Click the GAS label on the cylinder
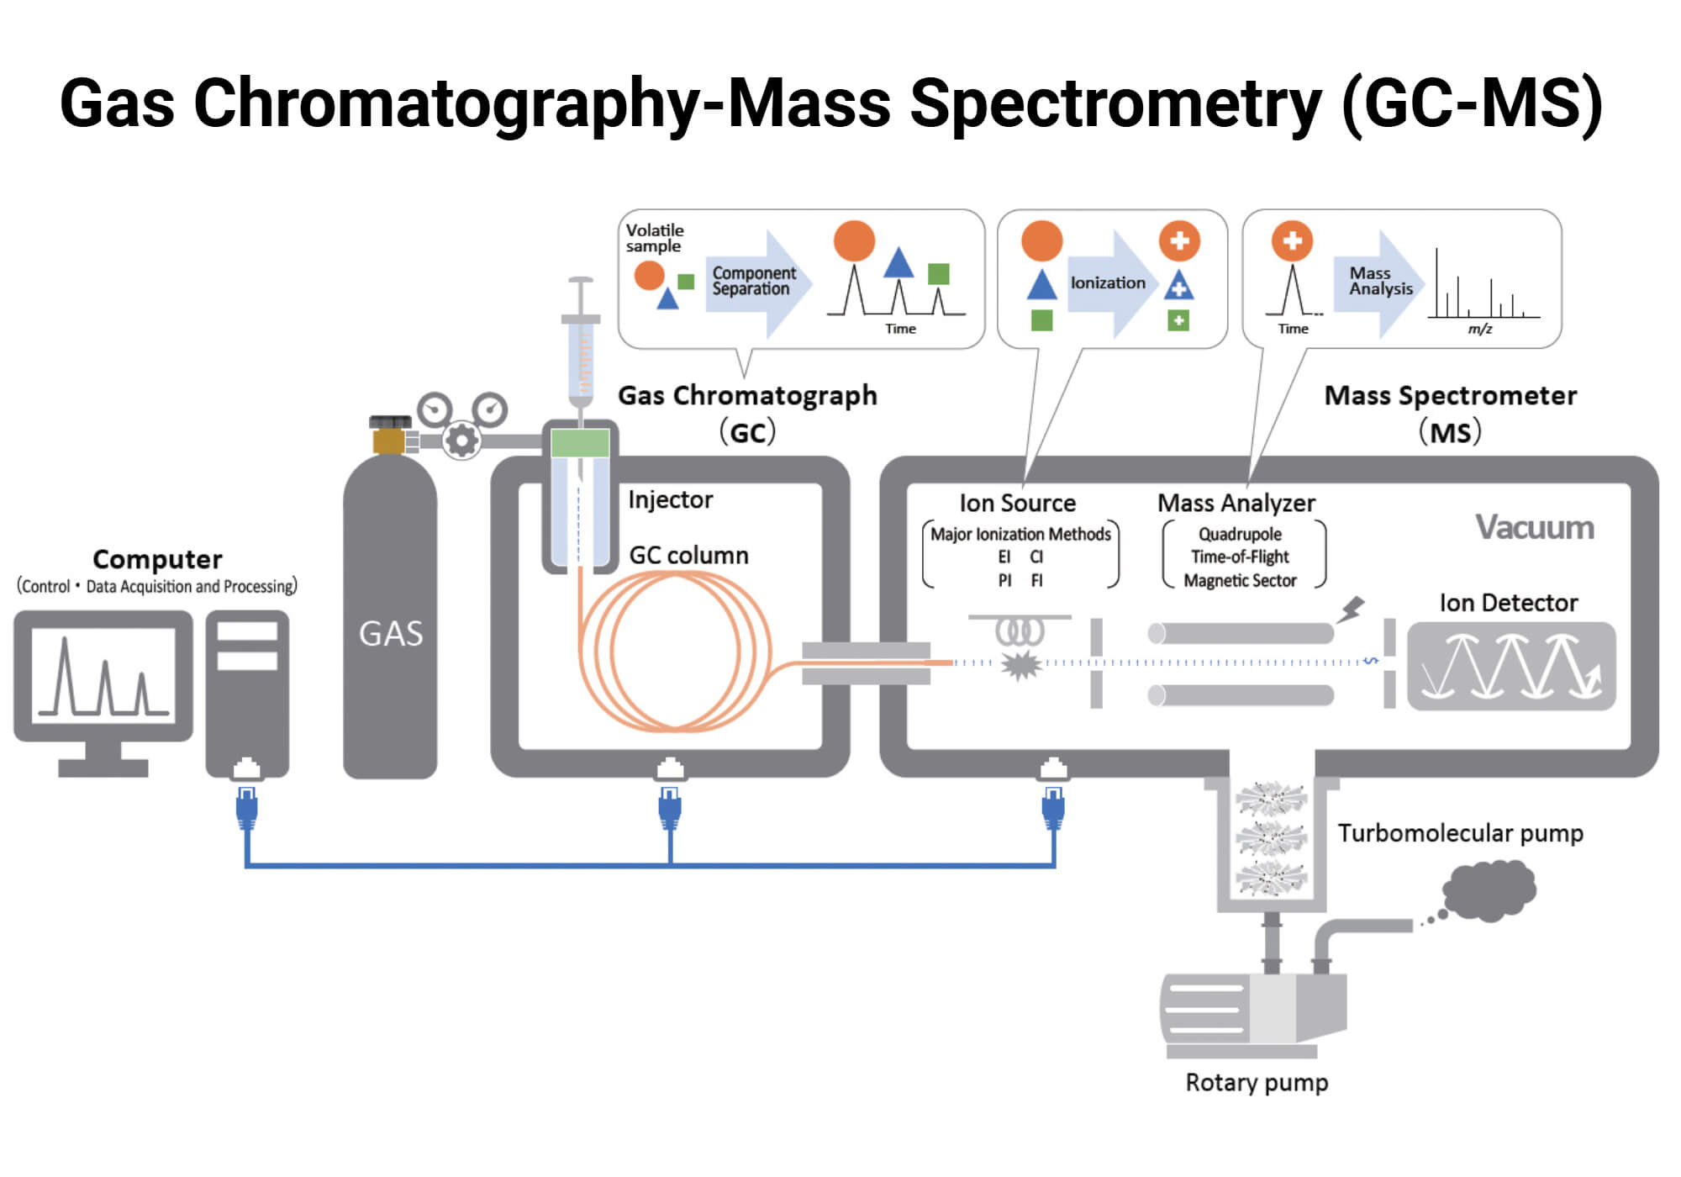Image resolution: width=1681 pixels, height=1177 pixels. click(x=391, y=633)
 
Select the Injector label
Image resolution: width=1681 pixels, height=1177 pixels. click(x=670, y=499)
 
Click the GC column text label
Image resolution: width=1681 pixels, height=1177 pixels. click(x=688, y=555)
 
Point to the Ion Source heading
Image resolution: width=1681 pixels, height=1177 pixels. click(x=1017, y=503)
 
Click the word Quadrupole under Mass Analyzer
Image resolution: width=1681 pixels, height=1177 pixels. click(x=1240, y=534)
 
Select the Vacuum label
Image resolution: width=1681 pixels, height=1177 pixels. click(x=1534, y=527)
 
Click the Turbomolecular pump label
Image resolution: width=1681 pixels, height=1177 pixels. click(x=1460, y=832)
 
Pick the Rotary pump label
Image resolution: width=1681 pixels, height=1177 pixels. click(x=1257, y=1082)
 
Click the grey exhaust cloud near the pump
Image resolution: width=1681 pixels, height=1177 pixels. click(x=1489, y=889)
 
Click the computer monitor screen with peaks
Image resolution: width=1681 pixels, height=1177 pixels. click(x=103, y=675)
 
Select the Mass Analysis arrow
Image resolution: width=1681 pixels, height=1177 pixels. click(x=1378, y=282)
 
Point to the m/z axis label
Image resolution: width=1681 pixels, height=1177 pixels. click(x=1479, y=329)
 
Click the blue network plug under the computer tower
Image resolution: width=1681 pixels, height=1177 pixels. click(x=246, y=807)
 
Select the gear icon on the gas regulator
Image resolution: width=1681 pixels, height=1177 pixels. click(x=461, y=440)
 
